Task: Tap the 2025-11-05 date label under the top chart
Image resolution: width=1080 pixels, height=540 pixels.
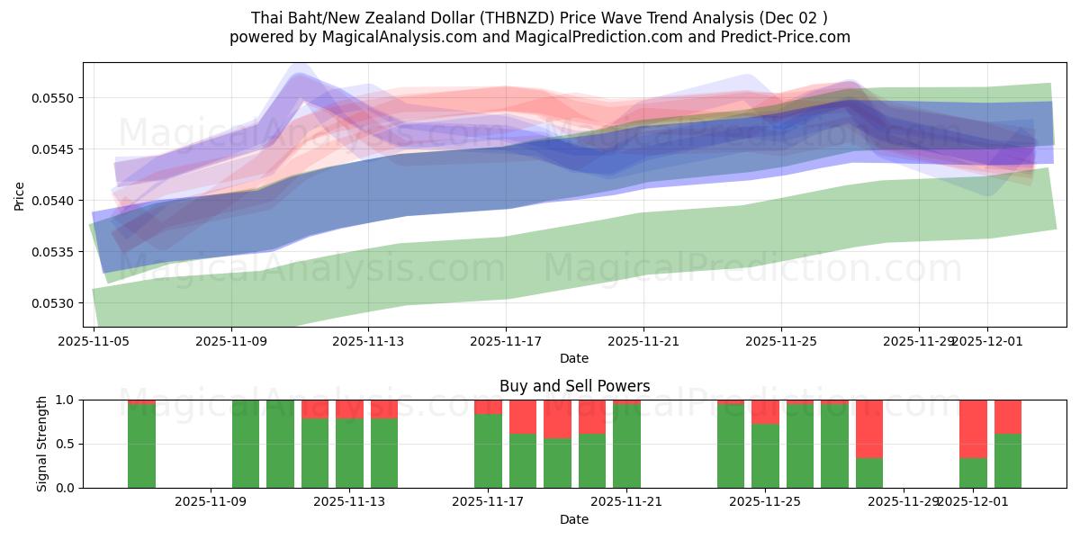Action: pyautogui.click(x=94, y=341)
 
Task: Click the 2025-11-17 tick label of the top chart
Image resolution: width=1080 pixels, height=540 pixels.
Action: pyautogui.click(x=506, y=341)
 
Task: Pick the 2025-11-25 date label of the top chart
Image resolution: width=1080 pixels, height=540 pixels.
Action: pyautogui.click(x=780, y=341)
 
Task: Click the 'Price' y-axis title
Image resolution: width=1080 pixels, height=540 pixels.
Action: pyautogui.click(x=20, y=194)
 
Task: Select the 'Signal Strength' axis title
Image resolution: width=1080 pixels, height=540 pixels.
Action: pyautogui.click(x=42, y=443)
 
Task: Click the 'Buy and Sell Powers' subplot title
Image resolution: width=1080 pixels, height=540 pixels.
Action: pyautogui.click(x=574, y=386)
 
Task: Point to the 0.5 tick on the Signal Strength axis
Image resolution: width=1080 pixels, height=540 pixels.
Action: pyautogui.click(x=65, y=444)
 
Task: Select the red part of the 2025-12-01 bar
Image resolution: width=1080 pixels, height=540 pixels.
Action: pyautogui.click(x=973, y=428)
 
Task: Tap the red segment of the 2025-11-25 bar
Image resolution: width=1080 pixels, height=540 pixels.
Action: pyautogui.click(x=765, y=411)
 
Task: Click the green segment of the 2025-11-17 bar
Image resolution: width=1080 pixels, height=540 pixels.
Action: pyautogui.click(x=488, y=450)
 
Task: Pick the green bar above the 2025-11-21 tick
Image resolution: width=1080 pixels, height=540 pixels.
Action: pyautogui.click(x=626, y=445)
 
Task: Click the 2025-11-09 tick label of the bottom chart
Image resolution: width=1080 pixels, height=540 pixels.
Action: pyautogui.click(x=210, y=501)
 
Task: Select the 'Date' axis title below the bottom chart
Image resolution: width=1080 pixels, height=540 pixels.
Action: pyautogui.click(x=574, y=519)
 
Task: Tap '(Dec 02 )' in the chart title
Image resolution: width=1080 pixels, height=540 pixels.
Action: pyautogui.click(x=793, y=18)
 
